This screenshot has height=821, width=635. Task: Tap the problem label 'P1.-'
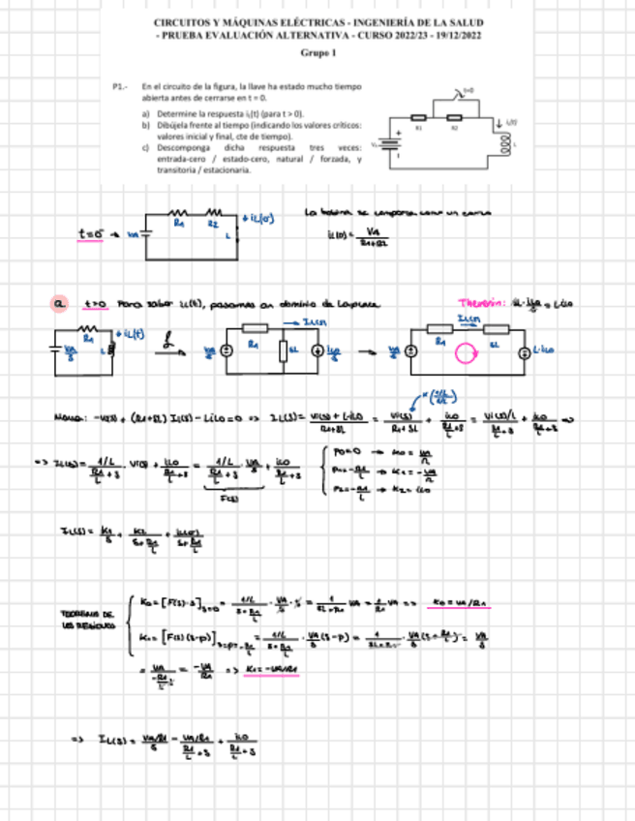(120, 86)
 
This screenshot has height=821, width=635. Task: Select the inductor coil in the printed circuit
(503, 143)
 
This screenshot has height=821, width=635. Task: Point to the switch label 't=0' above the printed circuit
(469, 90)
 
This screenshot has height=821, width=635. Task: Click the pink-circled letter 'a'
(59, 305)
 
